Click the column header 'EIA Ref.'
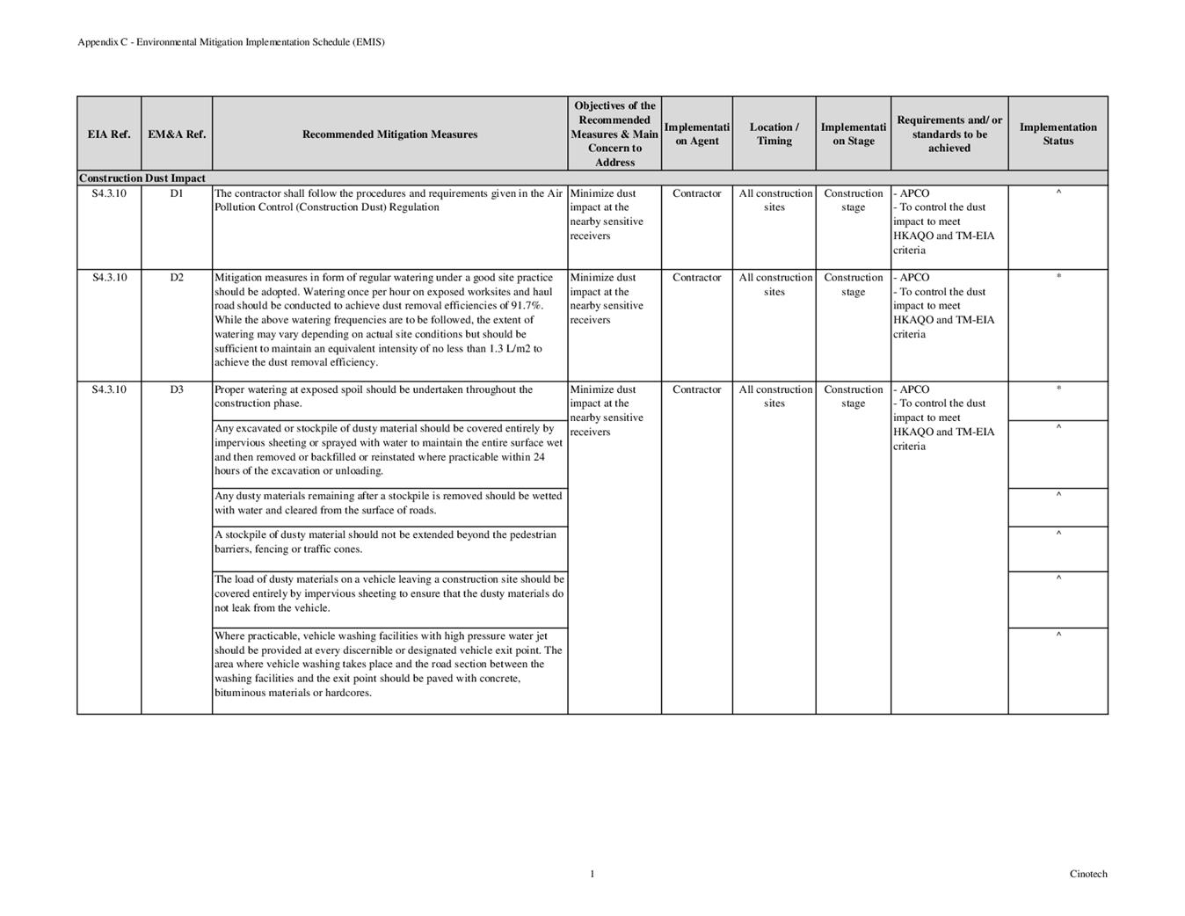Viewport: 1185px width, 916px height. tap(109, 134)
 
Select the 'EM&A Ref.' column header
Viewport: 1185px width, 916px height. tap(177, 134)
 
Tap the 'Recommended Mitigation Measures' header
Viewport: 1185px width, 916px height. tap(389, 134)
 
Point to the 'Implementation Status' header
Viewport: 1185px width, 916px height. tap(1058, 134)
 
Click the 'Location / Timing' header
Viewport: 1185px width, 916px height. tap(774, 134)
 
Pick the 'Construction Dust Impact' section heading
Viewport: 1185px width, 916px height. tap(142, 178)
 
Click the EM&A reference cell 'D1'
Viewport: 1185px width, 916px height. tap(177, 193)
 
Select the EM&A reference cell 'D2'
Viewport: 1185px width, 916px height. tap(177, 278)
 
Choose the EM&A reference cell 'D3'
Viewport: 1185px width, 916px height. tap(177, 389)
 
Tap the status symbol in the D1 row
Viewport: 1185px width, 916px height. tap(1058, 193)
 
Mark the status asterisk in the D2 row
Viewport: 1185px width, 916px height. tap(1058, 278)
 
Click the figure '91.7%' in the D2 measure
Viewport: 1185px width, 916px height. tap(527, 306)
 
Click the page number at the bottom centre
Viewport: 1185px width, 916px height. tap(592, 874)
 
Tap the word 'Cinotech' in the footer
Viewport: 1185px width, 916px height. tap(1088, 874)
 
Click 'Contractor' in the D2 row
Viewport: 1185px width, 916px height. tap(696, 278)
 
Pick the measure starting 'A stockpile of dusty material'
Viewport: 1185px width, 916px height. tap(385, 542)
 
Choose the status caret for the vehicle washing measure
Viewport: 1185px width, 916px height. tap(1058, 634)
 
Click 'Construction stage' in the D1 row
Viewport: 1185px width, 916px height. tap(853, 200)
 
